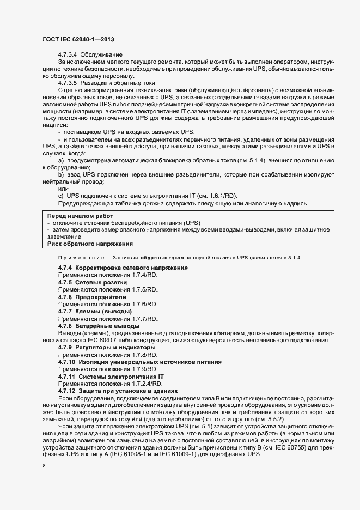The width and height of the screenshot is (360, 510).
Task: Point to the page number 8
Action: [x=44, y=467]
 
